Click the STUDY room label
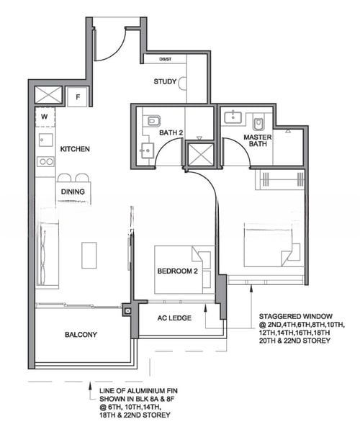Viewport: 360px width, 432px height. coord(165,81)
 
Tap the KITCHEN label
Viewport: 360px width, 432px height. coord(75,149)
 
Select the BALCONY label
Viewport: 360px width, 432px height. coord(81,335)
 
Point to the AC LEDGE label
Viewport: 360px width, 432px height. coord(174,318)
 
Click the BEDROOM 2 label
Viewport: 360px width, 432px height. coord(178,271)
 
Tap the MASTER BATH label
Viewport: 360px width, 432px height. coord(258,140)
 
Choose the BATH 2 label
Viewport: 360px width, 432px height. coord(171,132)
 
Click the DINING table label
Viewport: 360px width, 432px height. coord(73,192)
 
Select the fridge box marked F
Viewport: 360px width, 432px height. coord(78,97)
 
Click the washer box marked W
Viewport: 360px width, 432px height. coord(45,117)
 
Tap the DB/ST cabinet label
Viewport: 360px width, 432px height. coord(166,59)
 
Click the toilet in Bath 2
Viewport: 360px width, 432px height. coord(153,121)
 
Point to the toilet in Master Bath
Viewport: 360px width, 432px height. coord(258,123)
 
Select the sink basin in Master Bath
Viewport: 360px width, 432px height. coord(233,117)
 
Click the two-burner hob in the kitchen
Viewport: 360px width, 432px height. coord(46,162)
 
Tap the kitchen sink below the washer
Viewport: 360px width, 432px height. coord(46,140)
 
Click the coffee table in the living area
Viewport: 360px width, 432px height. coord(89,255)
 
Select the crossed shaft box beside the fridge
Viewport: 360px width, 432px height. coord(48,95)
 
